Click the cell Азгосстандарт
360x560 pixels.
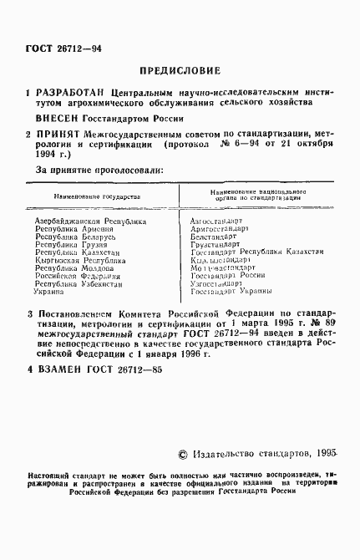pos(220,221)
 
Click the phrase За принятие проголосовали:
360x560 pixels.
pos(99,170)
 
